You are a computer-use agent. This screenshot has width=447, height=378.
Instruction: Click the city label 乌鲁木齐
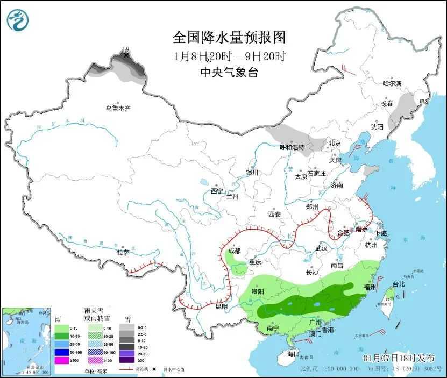[x=118, y=108]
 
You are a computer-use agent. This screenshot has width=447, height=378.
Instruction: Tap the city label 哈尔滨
[x=392, y=83]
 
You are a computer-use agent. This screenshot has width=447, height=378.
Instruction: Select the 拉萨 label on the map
[x=123, y=252]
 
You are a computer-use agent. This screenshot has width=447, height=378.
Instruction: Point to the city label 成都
[x=234, y=251]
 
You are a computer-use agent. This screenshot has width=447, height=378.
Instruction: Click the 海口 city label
[x=293, y=354]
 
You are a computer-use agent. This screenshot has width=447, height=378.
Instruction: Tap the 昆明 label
[x=221, y=306]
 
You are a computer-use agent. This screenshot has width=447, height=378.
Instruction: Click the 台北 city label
[x=398, y=284]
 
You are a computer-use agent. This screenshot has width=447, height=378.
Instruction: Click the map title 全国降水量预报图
[x=229, y=37]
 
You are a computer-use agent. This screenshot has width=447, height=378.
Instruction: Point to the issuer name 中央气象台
[x=229, y=73]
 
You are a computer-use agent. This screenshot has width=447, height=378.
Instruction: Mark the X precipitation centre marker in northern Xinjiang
[x=126, y=55]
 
